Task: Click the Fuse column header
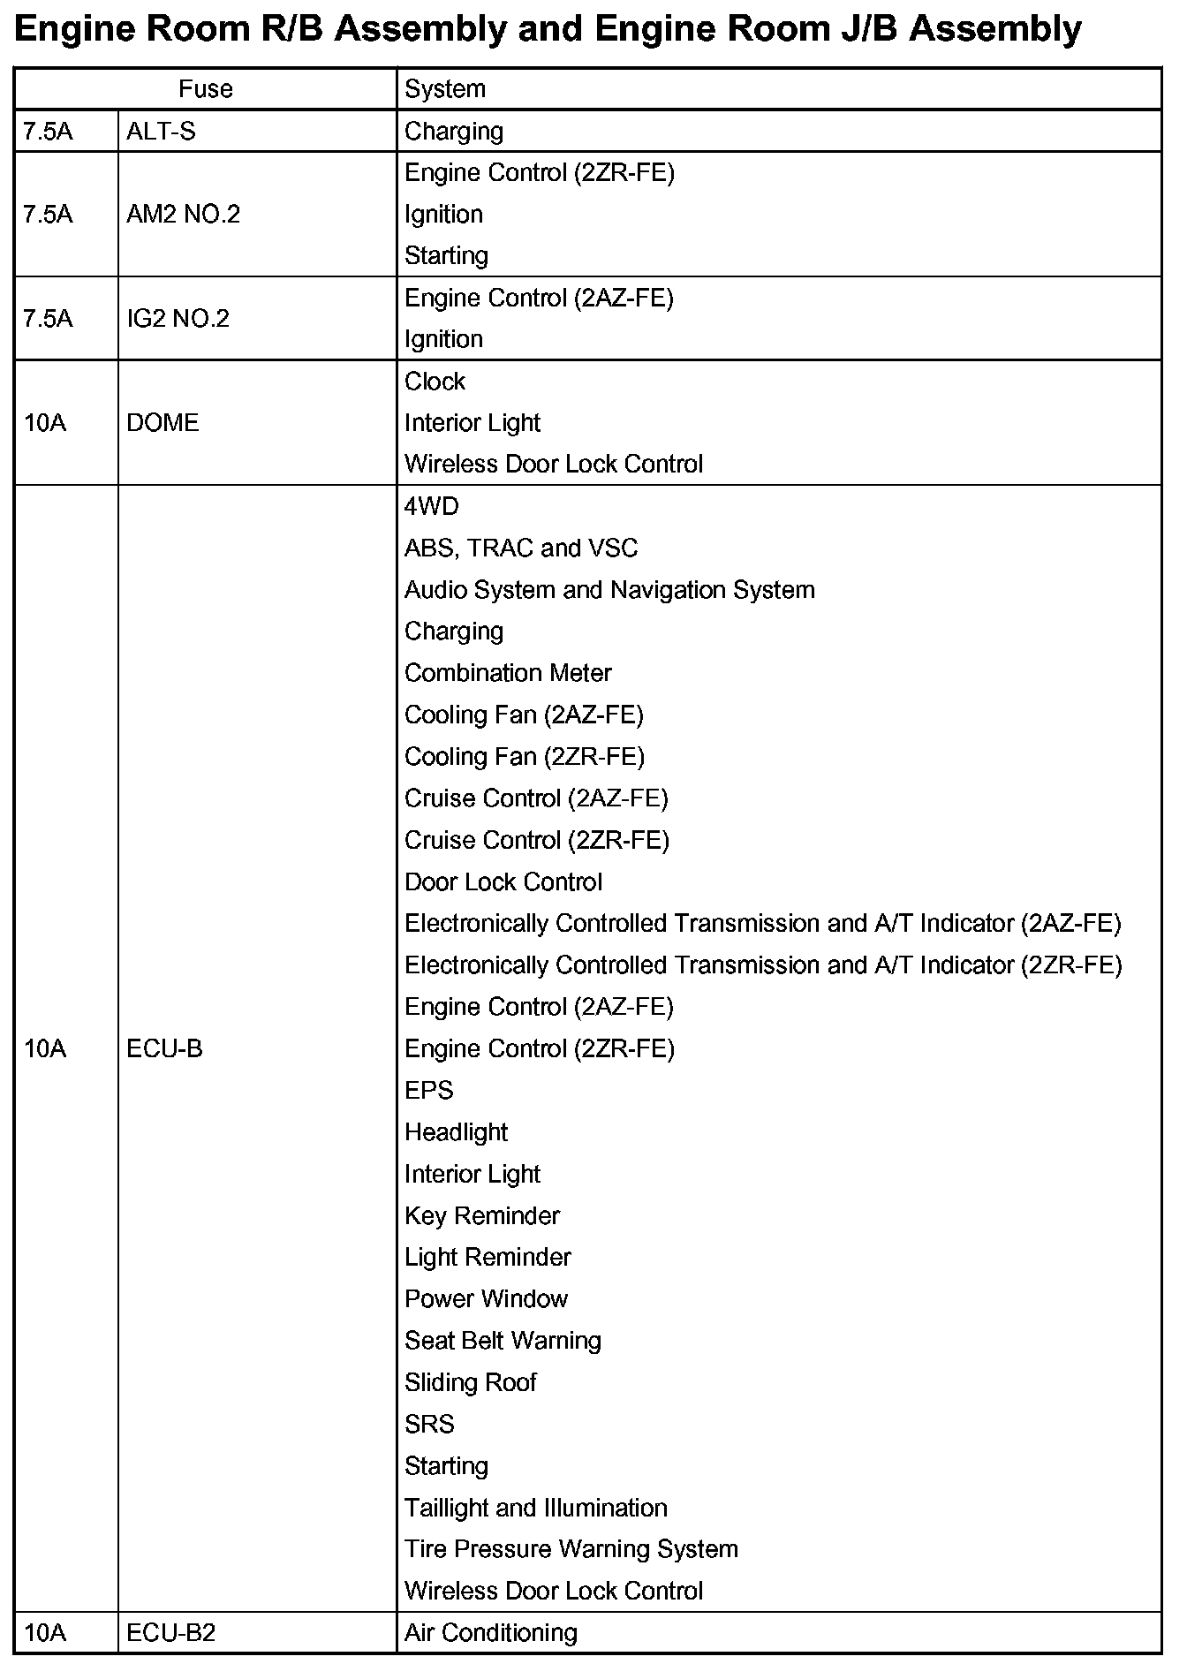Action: (205, 89)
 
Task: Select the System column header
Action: (445, 89)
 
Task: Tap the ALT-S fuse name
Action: (161, 132)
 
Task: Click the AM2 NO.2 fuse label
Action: (183, 215)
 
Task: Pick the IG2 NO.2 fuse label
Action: (178, 319)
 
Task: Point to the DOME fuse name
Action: (163, 423)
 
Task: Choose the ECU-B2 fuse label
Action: (170, 1633)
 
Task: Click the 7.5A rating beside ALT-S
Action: (48, 132)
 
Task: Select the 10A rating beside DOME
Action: (45, 423)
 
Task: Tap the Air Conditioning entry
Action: (491, 1633)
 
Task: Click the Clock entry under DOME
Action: (435, 382)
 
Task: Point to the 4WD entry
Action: (432, 507)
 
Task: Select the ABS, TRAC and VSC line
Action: (521, 548)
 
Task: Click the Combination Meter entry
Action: (508, 673)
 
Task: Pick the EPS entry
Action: (428, 1091)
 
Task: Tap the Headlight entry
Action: (456, 1132)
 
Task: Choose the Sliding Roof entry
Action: (471, 1382)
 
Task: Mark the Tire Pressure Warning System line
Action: (571, 1549)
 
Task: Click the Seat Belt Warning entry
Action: (503, 1341)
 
